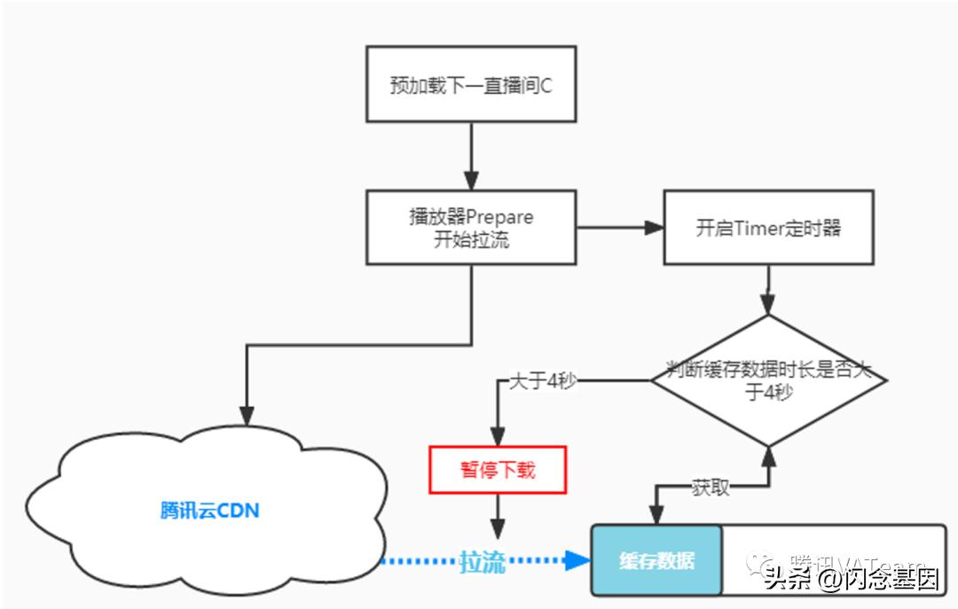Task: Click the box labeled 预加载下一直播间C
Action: coord(470,85)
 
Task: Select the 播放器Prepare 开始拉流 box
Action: coord(470,227)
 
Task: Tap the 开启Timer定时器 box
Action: coord(768,227)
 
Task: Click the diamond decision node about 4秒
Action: coord(768,380)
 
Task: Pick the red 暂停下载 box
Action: coord(498,469)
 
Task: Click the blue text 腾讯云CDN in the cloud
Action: coord(210,511)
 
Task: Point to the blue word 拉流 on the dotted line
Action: coord(482,562)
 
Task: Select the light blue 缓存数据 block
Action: coord(657,560)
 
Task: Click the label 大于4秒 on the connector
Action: coord(544,381)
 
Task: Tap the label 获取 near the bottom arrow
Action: coord(710,487)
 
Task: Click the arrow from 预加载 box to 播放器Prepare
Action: coord(470,156)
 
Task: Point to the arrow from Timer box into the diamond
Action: coord(768,290)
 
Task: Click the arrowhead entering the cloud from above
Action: coord(247,416)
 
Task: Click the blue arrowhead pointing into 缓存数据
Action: coord(579,560)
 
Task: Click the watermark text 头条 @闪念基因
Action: coord(852,580)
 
